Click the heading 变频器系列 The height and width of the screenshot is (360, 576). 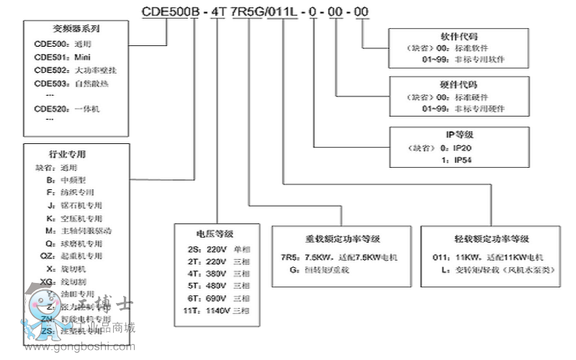(76, 30)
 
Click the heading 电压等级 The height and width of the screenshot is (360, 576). (215, 233)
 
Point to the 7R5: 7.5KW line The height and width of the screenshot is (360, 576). (338, 257)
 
